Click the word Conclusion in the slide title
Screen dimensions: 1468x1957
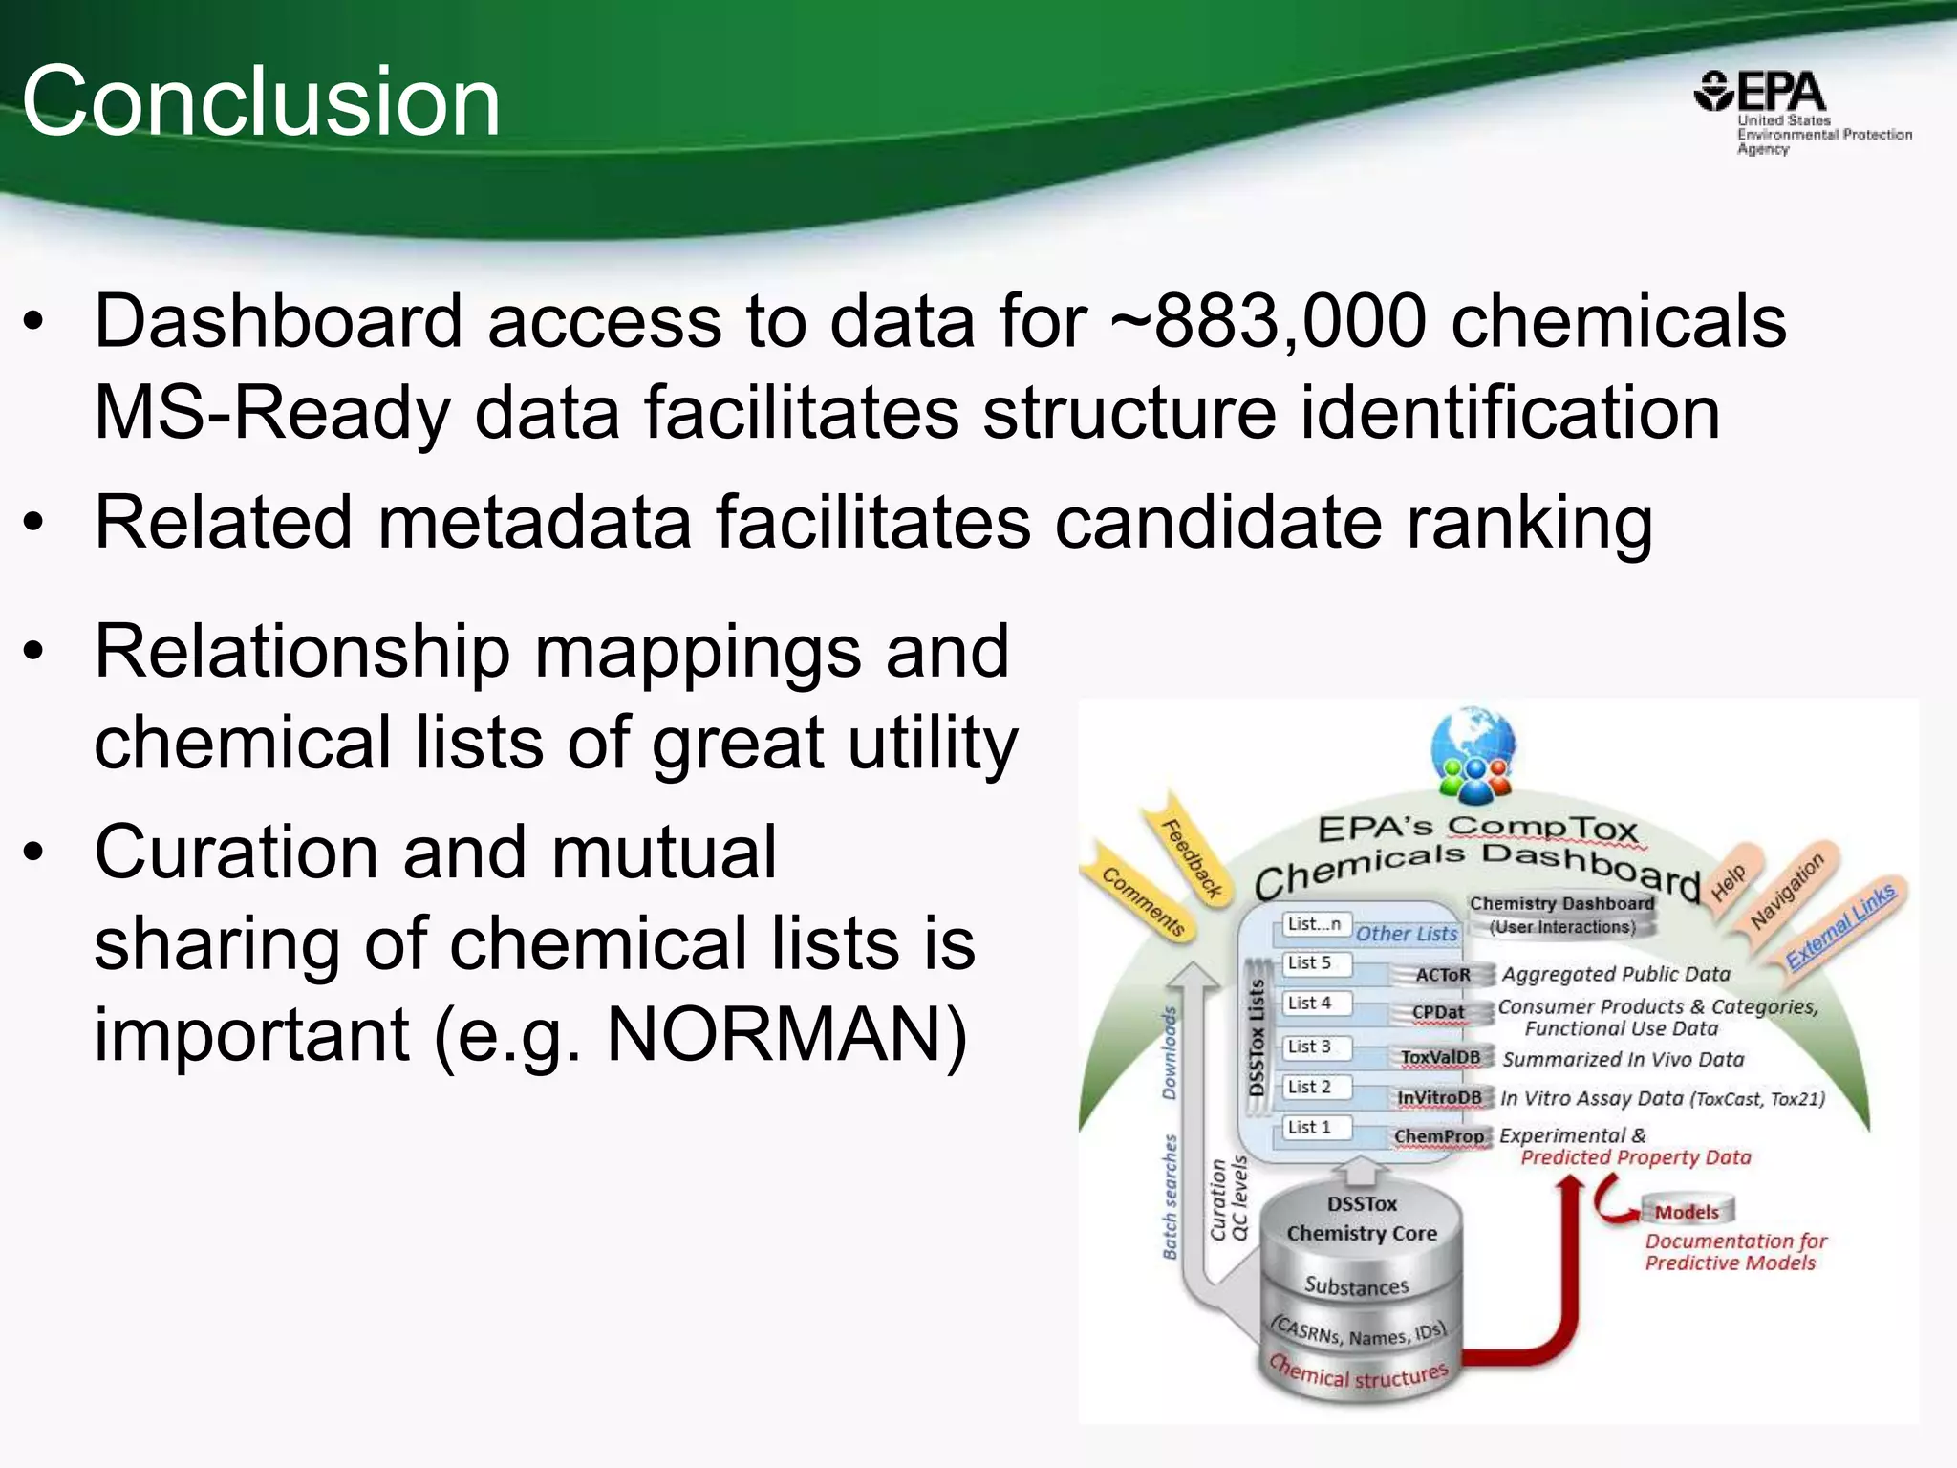coord(261,101)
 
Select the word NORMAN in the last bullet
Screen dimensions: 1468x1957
coord(786,1035)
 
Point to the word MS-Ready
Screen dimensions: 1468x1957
coord(271,413)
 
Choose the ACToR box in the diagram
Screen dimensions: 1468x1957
coord(1442,975)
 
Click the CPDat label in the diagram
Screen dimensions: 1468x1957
coord(1438,1012)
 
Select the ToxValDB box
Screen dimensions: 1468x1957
coord(1440,1057)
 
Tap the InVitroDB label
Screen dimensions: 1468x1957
coord(1439,1098)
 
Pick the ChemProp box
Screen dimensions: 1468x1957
coord(1438,1136)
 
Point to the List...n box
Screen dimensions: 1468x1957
coord(1314,924)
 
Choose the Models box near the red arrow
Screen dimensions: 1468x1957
coord(1687,1212)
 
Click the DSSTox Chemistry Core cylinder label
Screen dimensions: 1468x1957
coord(1362,1219)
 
